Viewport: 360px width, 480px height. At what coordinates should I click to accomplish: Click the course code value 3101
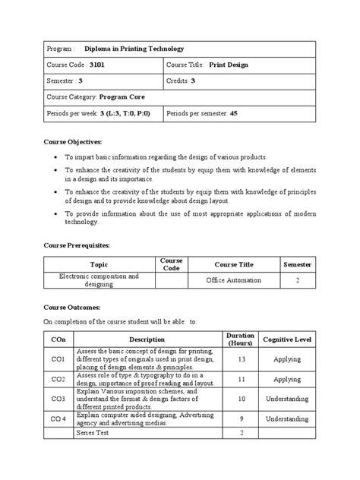tap(99, 65)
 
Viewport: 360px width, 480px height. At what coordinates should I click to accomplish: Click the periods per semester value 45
tap(233, 113)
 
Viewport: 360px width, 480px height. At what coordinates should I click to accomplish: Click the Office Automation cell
tap(234, 281)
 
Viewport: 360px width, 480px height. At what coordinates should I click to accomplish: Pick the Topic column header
tap(99, 264)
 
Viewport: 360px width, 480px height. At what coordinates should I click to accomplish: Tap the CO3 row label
tap(58, 398)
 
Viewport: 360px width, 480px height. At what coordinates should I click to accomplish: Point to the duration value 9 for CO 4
tap(241, 418)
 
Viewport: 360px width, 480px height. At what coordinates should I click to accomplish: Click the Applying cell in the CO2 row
tap(287, 378)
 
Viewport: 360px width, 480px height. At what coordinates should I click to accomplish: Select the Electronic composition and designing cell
tap(99, 281)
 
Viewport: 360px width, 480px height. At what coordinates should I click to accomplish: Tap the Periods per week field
tap(99, 113)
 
